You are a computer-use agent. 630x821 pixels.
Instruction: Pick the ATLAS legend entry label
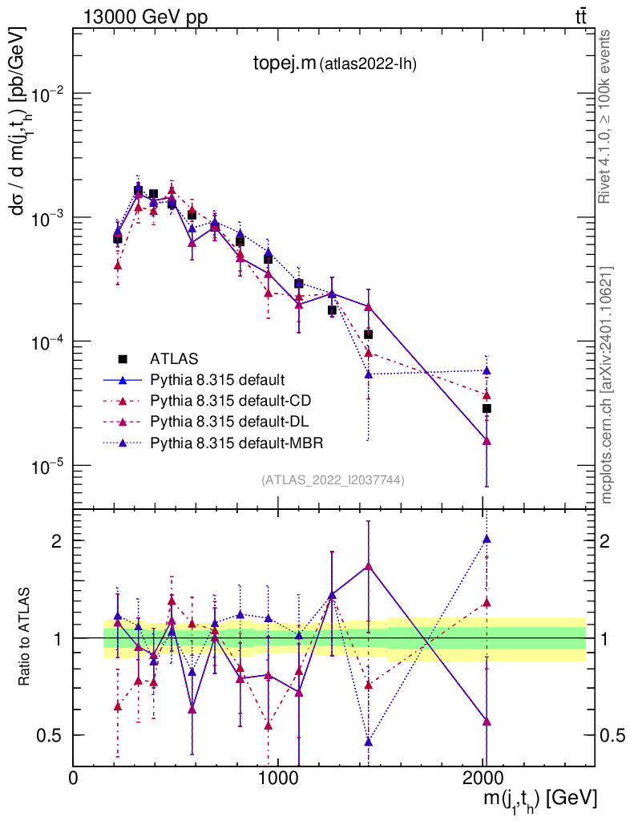[174, 358]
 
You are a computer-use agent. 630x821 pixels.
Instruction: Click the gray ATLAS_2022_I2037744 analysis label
[333, 480]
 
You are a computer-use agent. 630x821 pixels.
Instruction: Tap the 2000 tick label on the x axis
[483, 778]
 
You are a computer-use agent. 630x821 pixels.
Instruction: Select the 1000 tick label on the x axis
[278, 778]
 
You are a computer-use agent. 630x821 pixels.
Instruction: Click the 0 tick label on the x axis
[73, 778]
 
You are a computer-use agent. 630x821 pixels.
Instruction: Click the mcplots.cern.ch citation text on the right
[607, 384]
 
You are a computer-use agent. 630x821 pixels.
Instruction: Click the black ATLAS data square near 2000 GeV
[486, 409]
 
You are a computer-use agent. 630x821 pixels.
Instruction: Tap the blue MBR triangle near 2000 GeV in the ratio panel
[486, 539]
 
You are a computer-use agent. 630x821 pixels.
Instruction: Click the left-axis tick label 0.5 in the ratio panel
[52, 735]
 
